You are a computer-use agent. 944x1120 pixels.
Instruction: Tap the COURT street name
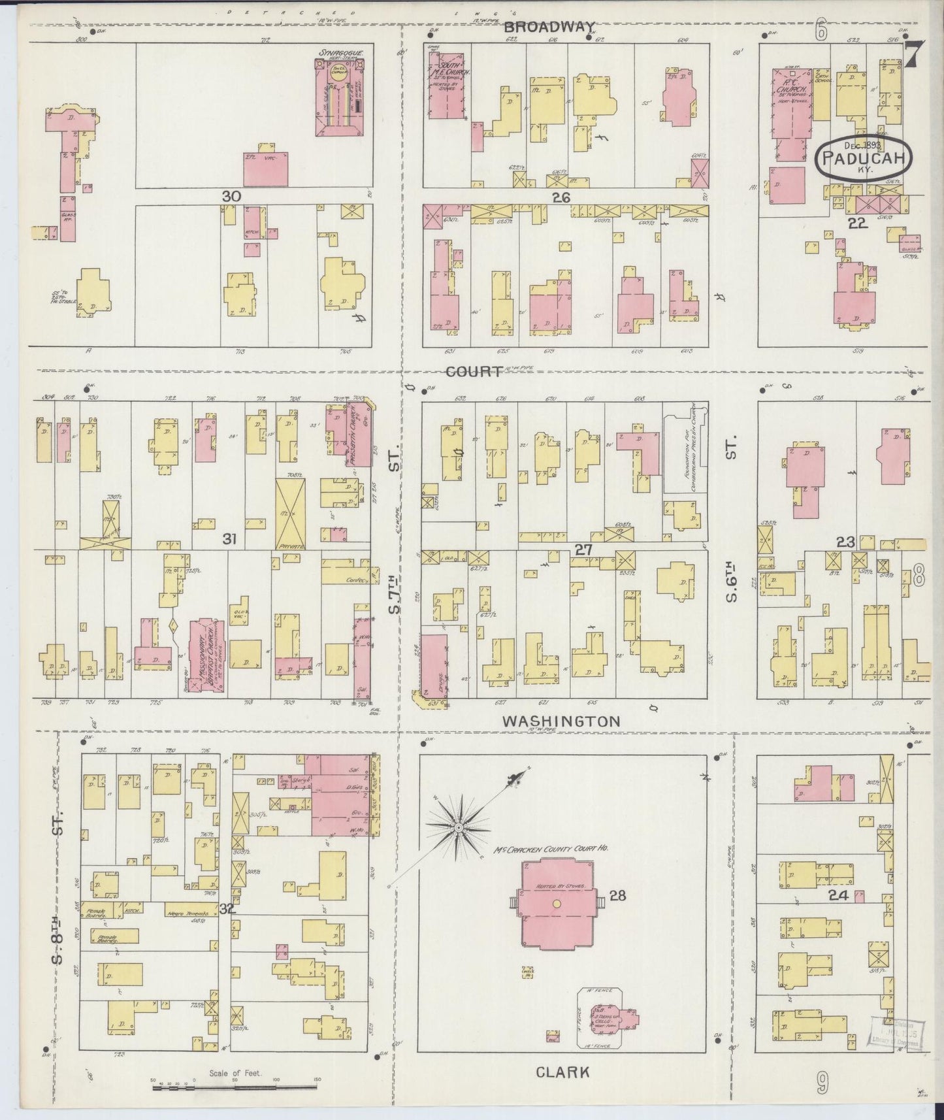(x=474, y=371)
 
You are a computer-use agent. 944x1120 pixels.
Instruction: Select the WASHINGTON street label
(x=561, y=721)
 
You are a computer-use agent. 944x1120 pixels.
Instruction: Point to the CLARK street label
(x=562, y=1072)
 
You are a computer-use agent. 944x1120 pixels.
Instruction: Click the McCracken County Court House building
(x=557, y=903)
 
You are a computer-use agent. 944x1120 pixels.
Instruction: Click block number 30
(x=231, y=196)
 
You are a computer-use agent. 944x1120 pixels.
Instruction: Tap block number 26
(x=561, y=197)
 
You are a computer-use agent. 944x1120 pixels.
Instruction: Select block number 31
(x=229, y=538)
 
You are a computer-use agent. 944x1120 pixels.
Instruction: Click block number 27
(x=583, y=550)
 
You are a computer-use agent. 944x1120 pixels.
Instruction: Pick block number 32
(x=226, y=908)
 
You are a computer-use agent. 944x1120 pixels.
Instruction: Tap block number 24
(x=838, y=896)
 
